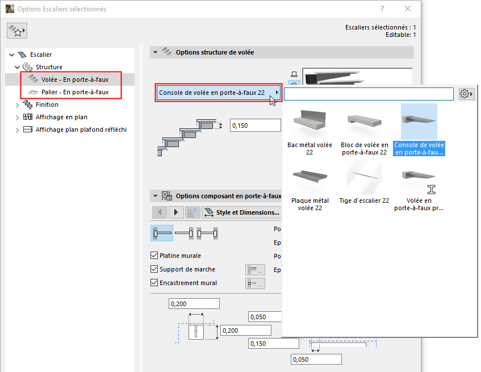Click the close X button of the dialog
[408, 9]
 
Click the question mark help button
[382, 9]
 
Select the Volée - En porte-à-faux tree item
[74, 80]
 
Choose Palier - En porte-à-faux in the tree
[74, 92]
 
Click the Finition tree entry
[47, 105]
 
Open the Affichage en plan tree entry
[61, 117]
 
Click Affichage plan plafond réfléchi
[81, 129]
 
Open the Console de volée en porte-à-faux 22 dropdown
[219, 93]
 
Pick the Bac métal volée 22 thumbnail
[309, 128]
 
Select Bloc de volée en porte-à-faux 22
[365, 128]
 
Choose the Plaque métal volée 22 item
[309, 185]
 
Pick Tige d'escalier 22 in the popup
[365, 185]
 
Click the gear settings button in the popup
[466, 94]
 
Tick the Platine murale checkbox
[154, 256]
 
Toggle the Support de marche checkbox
[154, 269]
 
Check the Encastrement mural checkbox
[154, 283]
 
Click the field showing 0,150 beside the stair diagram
[255, 126]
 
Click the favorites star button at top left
[17, 32]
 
